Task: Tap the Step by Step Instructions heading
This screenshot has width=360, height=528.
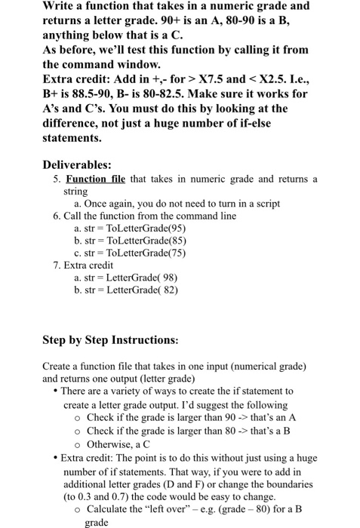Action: pyautogui.click(x=110, y=339)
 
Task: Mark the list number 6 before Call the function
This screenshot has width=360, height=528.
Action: pyautogui.click(x=57, y=216)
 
